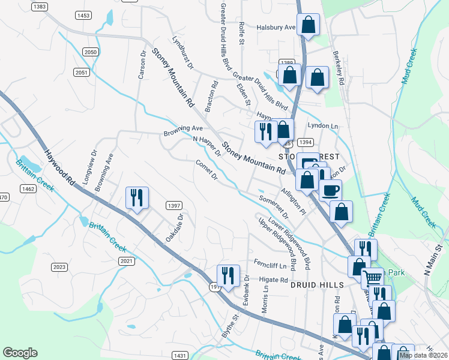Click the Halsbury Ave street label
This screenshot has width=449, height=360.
point(277,28)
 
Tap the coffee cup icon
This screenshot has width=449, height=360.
point(330,191)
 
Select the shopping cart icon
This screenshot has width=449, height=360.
point(372,278)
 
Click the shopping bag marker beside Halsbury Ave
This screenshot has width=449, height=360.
point(308,25)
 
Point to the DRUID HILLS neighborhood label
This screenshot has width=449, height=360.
point(316,285)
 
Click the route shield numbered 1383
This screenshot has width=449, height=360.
point(40,7)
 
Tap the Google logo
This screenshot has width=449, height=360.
point(20,353)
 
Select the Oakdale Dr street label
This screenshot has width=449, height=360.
point(174,229)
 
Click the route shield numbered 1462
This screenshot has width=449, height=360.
point(28,189)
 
